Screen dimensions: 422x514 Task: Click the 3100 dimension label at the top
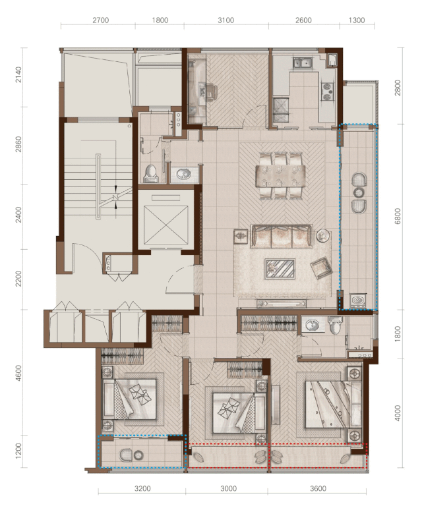pos(226,20)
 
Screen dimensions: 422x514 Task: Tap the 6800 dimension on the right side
pos(398,216)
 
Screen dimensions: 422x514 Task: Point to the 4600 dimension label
pos(18,373)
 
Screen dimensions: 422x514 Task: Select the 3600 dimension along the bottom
pos(318,489)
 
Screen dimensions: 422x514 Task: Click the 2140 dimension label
pos(18,74)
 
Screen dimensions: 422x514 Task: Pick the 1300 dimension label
pos(357,20)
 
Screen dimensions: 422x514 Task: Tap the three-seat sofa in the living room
pos(281,236)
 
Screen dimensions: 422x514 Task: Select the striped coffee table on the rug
pos(280,269)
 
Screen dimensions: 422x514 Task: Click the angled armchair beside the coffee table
pos(320,267)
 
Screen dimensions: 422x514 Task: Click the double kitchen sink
pos(303,63)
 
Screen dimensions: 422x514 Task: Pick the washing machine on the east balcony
pos(357,300)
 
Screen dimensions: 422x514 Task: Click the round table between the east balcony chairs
pos(359,192)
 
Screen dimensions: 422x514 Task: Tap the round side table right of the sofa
pos(323,235)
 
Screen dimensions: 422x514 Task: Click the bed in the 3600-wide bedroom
pos(333,404)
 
